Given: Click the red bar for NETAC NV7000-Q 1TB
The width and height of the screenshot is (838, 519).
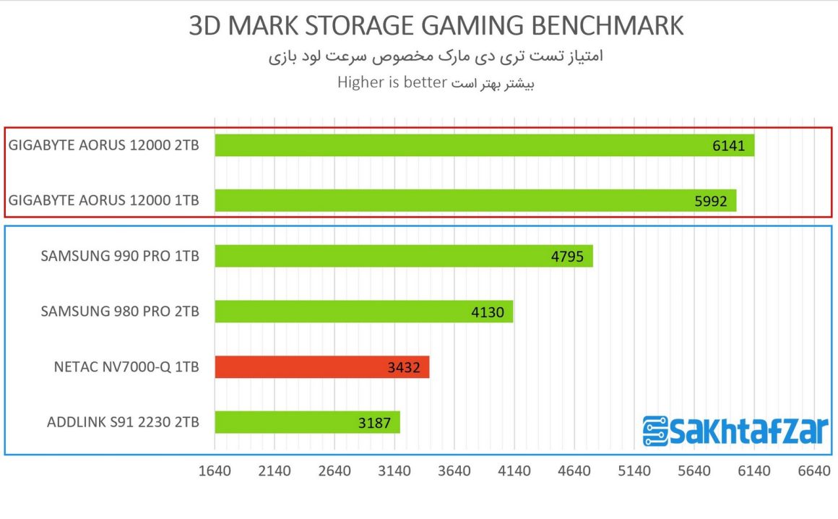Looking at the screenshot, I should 322,367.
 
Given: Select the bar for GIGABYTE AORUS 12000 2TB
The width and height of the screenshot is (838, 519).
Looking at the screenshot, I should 484,145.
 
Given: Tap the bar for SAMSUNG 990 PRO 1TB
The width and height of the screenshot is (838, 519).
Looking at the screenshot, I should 404,256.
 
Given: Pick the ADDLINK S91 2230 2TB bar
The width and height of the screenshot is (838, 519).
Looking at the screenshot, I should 307,422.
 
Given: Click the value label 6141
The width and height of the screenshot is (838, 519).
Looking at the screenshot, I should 727,146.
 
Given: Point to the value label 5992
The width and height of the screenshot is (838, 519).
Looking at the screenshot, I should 709,201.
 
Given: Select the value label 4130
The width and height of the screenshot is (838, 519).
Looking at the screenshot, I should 487,312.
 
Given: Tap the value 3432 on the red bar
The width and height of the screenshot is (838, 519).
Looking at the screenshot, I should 403,368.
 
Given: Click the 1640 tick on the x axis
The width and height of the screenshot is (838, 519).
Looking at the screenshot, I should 215,471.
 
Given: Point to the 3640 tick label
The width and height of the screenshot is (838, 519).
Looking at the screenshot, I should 454,471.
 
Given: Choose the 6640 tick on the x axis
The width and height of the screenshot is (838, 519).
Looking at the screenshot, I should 813,471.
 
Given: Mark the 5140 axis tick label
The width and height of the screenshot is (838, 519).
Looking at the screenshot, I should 634,471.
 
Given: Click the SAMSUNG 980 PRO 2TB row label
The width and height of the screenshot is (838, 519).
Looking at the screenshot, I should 120,312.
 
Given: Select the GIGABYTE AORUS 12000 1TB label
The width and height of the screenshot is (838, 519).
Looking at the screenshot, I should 103,200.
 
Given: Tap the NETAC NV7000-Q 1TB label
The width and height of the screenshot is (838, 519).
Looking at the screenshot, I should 126,367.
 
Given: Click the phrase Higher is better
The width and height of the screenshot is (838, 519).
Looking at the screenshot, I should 392,82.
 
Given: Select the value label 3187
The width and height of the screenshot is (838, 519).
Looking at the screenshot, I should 374,423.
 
